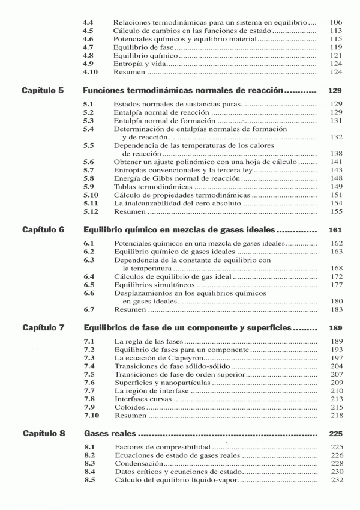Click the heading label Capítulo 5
click(x=43, y=91)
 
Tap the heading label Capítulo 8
click(x=44, y=433)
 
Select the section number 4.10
click(x=90, y=72)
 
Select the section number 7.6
click(x=89, y=382)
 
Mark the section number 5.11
click(x=90, y=203)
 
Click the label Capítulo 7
click(x=43, y=329)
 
